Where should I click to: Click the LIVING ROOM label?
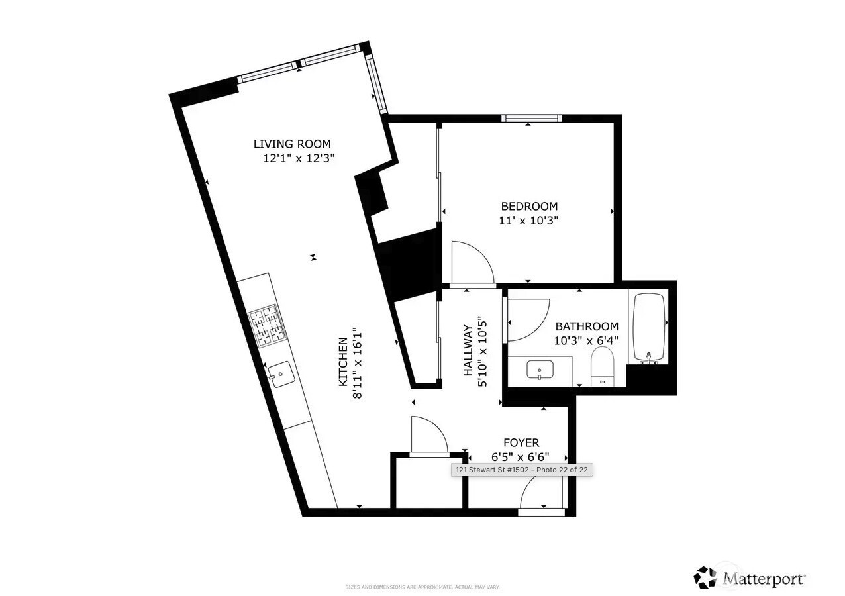click(292, 144)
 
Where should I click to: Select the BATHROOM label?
click(587, 326)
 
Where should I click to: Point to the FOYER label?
click(521, 442)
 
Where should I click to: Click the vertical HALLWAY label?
click(468, 350)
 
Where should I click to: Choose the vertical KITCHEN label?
click(343, 362)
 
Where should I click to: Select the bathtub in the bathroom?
click(649, 328)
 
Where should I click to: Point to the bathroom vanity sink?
click(540, 370)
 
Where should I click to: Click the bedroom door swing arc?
click(472, 263)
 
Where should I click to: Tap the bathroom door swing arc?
click(528, 319)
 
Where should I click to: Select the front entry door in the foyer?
click(542, 497)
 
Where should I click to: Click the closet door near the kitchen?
click(428, 437)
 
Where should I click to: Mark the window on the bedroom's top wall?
click(531, 119)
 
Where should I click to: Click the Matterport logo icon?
click(705, 577)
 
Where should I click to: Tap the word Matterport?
click(764, 578)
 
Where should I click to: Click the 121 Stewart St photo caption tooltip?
click(521, 470)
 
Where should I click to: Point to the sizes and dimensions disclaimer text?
click(422, 587)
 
